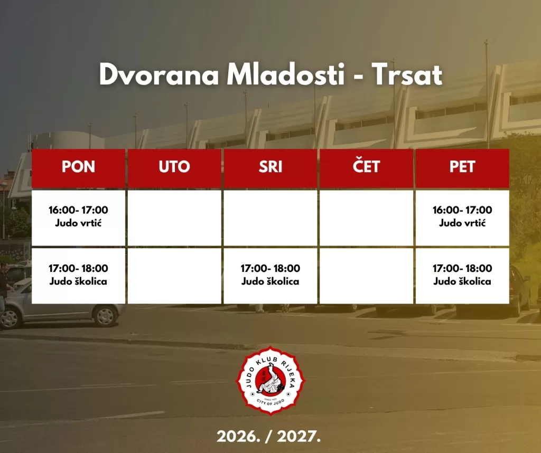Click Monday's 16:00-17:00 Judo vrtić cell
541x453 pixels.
click(78, 218)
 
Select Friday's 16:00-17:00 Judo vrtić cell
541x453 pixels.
click(462, 218)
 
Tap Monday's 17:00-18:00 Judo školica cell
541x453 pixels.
click(78, 276)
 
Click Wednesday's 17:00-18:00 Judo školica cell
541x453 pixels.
click(270, 276)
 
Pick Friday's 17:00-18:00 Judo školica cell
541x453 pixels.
click(462, 276)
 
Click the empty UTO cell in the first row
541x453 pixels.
click(174, 218)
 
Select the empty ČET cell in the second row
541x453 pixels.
click(366, 276)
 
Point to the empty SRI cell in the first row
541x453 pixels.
click(270, 218)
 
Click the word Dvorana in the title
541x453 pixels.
click(159, 74)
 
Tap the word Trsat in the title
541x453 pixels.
click(407, 74)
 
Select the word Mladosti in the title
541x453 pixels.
click(286, 74)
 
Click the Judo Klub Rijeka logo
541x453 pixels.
click(270, 381)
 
